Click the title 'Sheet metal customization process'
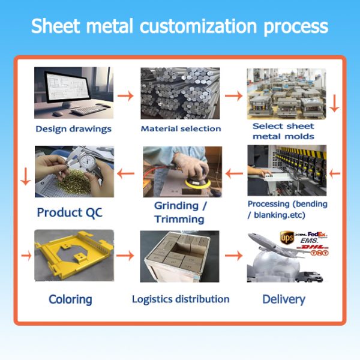[x=179, y=27]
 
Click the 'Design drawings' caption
[x=73, y=128]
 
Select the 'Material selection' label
[x=181, y=128]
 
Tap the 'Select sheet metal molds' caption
[x=283, y=131]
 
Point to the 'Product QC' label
[x=70, y=212]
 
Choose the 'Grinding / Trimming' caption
[x=181, y=212]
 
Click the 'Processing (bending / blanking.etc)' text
[x=287, y=209]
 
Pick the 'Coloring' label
[x=70, y=299]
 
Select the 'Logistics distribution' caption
[x=181, y=299]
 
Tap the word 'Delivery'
[x=284, y=299]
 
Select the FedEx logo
[x=316, y=235]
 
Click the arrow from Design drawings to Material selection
[x=125, y=95]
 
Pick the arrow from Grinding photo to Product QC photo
[x=125, y=174]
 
